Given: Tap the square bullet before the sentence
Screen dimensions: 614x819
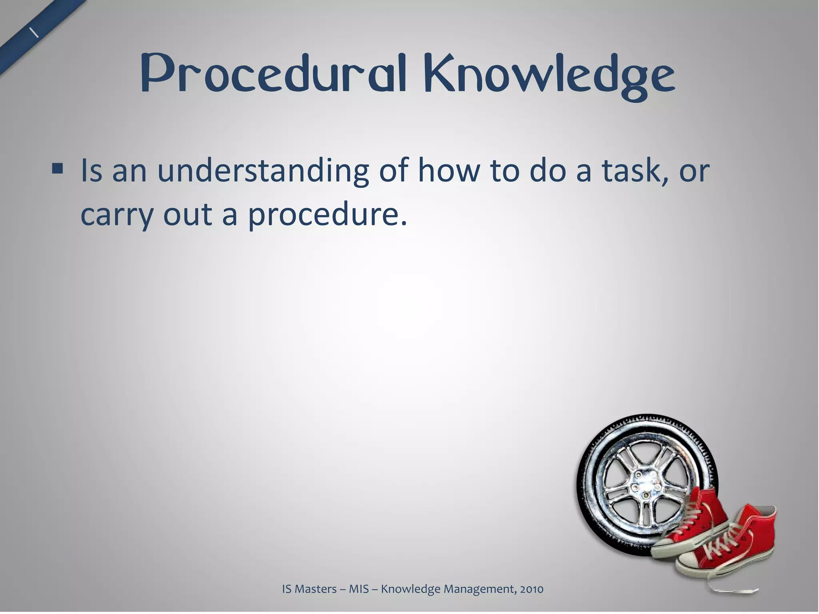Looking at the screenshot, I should pos(58,169).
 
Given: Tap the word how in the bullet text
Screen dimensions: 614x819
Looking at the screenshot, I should pos(448,170).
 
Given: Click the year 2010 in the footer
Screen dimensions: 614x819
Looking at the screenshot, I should pos(531,589).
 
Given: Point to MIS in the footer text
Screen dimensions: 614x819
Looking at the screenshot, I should pos(358,589).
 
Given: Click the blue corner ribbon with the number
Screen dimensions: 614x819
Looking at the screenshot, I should pos(36,32).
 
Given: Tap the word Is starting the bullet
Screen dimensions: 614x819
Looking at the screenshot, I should pos(91,170).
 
